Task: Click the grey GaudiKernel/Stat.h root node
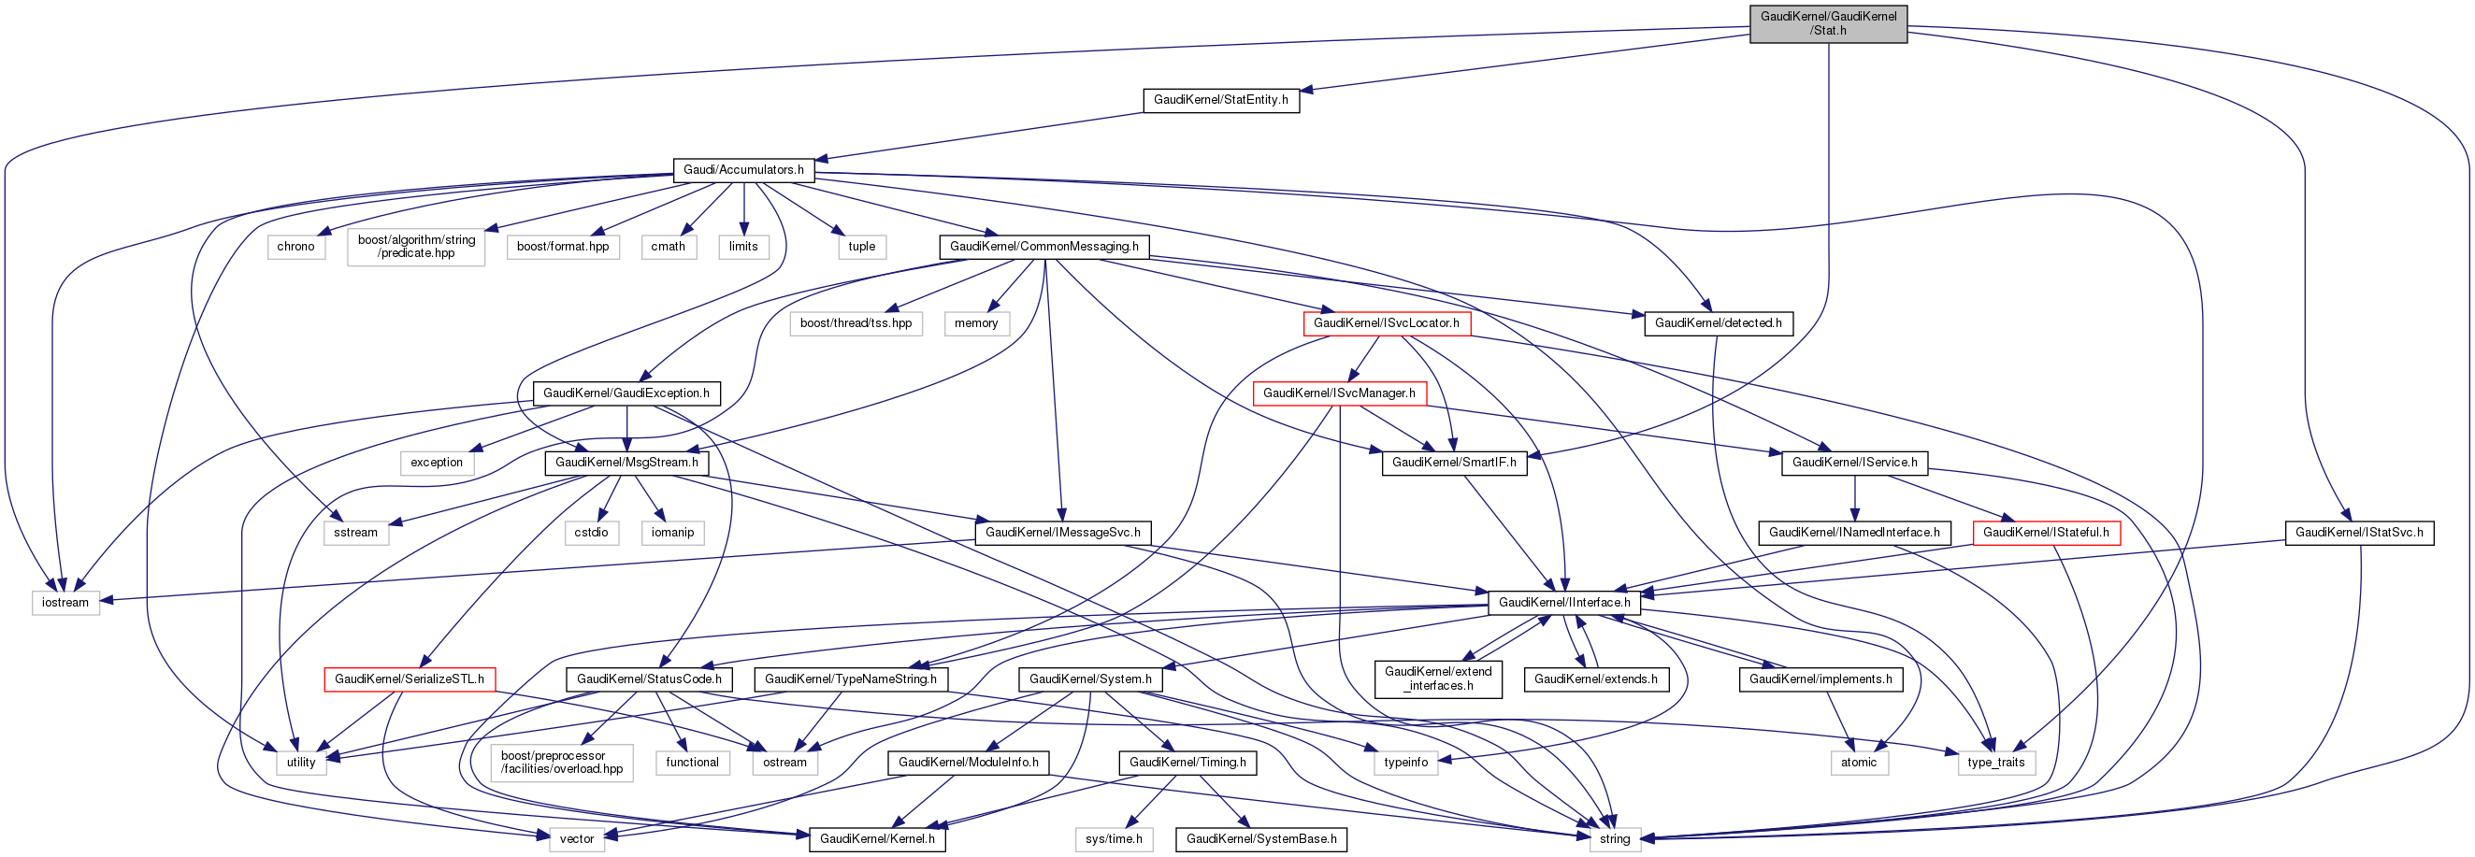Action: click(x=1827, y=23)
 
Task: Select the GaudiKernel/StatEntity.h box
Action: click(x=1220, y=100)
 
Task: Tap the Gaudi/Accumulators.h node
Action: click(x=742, y=170)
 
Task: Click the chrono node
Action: click(x=295, y=247)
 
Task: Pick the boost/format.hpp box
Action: click(x=562, y=247)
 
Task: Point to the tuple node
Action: click(x=861, y=247)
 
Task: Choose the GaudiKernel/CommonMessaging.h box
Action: click(x=1043, y=247)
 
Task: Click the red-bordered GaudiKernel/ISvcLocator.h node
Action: click(x=1386, y=323)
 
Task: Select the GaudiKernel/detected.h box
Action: click(x=1717, y=323)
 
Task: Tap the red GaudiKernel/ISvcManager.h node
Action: click(x=1338, y=393)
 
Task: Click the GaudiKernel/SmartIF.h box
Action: click(x=1454, y=462)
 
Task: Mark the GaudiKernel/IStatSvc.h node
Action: click(x=2359, y=533)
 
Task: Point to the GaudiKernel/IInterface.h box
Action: click(x=1563, y=603)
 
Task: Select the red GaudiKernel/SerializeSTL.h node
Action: click(x=410, y=679)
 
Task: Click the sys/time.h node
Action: click(x=1114, y=838)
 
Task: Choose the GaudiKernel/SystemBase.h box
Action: click(x=1260, y=838)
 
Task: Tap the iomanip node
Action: click(x=671, y=533)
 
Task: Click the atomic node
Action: click(x=1858, y=762)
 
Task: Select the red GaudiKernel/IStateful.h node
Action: click(x=2046, y=533)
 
